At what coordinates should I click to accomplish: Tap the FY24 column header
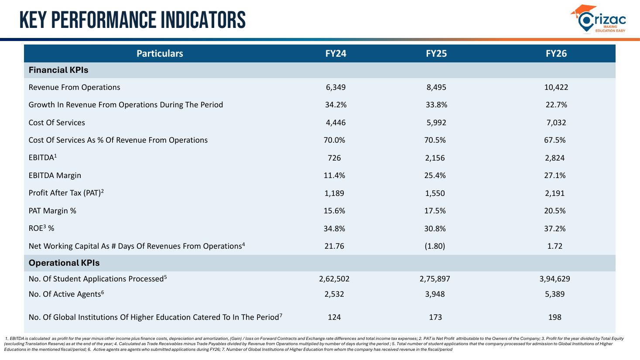pyautogui.click(x=336, y=53)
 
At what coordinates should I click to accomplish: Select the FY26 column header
pyautogui.click(x=556, y=53)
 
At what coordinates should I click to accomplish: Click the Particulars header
pyautogui.click(x=160, y=53)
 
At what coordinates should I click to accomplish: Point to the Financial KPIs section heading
pyautogui.click(x=58, y=70)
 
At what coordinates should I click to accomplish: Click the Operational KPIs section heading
pyautogui.click(x=64, y=263)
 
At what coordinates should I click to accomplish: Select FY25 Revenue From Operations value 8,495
pyautogui.click(x=436, y=87)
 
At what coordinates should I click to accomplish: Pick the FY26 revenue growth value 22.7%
pyautogui.click(x=556, y=105)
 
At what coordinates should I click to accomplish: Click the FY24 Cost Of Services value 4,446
pyautogui.click(x=336, y=123)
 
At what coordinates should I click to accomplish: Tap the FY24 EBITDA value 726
pyautogui.click(x=334, y=158)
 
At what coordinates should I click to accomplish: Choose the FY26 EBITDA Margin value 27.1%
pyautogui.click(x=555, y=175)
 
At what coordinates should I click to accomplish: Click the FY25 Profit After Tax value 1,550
pyautogui.click(x=435, y=193)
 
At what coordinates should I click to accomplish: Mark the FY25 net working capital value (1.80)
pyautogui.click(x=435, y=246)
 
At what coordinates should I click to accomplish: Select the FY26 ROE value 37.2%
pyautogui.click(x=555, y=229)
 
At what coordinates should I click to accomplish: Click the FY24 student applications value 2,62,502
pyautogui.click(x=334, y=279)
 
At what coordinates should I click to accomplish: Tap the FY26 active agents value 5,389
pyautogui.click(x=555, y=294)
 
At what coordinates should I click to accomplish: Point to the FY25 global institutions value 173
pyautogui.click(x=435, y=317)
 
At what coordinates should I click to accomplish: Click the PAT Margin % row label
pyautogui.click(x=52, y=211)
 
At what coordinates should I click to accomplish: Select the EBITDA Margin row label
pyautogui.click(x=55, y=175)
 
